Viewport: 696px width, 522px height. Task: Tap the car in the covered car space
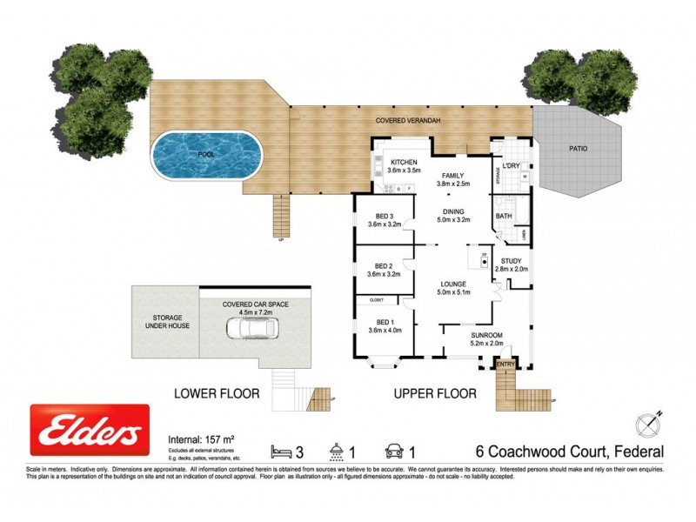click(x=251, y=329)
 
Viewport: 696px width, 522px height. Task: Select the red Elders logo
click(x=90, y=430)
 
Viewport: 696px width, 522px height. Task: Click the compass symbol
click(x=650, y=424)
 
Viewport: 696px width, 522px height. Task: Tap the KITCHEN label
click(x=405, y=166)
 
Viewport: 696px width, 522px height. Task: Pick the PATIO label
click(x=579, y=149)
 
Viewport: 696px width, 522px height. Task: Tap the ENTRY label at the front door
click(x=506, y=364)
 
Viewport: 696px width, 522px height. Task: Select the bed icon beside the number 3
click(x=281, y=451)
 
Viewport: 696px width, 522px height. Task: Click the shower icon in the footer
click(x=336, y=451)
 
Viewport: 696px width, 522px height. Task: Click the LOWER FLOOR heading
click(x=217, y=393)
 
